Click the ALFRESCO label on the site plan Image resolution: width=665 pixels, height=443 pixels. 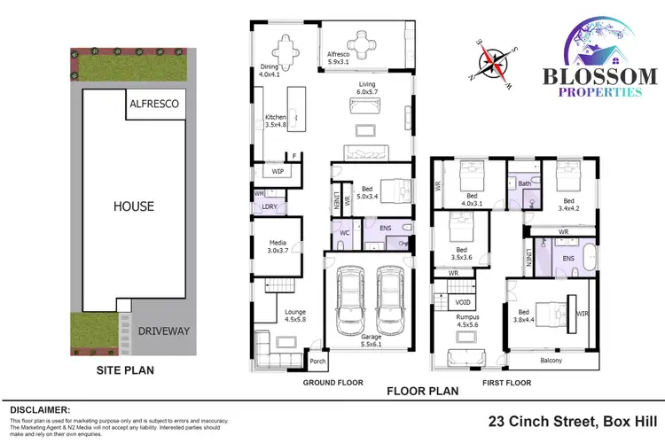155,104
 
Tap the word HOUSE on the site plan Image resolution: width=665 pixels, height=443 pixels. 133,206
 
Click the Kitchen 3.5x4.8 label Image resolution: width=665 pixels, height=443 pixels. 275,121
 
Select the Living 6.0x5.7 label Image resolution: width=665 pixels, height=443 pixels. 366,88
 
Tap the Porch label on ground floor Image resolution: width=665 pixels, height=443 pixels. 316,361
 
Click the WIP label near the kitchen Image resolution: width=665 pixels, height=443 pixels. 278,172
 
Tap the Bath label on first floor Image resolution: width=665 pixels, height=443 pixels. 524,183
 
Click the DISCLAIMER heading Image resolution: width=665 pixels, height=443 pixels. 39,409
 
